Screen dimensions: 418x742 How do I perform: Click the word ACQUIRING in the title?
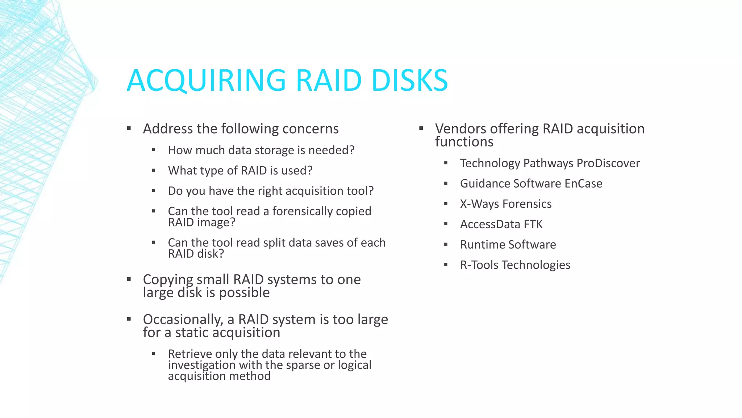(x=207, y=81)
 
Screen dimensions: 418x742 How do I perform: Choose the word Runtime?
(x=482, y=245)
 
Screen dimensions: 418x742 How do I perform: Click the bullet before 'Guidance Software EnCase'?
(x=446, y=184)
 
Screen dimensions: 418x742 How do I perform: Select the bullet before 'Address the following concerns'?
(x=129, y=128)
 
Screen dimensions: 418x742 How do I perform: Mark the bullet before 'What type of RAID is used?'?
(x=154, y=171)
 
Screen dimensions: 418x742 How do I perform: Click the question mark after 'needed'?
(x=351, y=150)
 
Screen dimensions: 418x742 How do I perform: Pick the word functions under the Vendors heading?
(x=464, y=142)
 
